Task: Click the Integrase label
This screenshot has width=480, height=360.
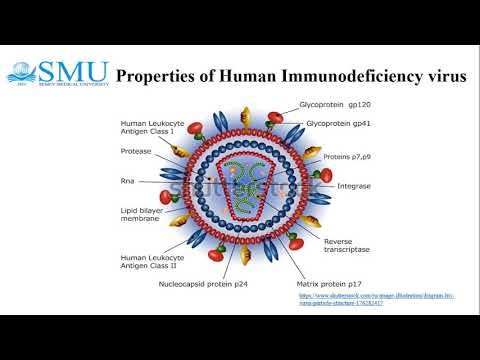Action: coord(354,186)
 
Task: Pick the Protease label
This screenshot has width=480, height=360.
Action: coord(136,151)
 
